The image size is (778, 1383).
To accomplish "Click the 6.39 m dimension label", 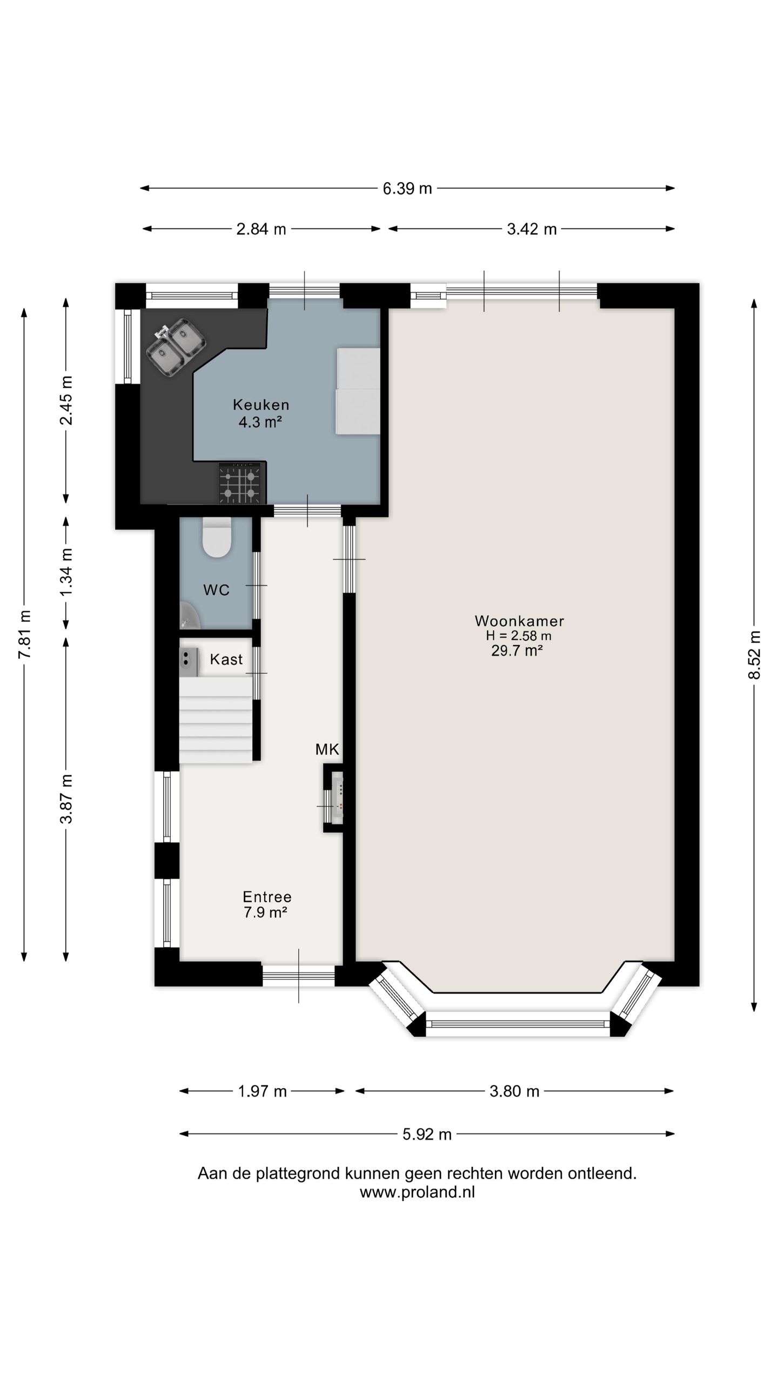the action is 407,189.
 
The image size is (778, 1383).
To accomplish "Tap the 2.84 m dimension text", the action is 261,229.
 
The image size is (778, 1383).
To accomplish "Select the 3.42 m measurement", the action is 532,229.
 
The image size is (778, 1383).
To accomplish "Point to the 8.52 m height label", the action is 754,655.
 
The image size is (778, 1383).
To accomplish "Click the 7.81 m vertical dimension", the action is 24,634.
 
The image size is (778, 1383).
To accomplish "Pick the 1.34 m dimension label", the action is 66,572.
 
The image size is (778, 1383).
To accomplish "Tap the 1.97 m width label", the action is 262,1091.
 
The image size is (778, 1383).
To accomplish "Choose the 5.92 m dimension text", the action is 427,1134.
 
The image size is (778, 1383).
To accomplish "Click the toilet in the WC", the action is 217,537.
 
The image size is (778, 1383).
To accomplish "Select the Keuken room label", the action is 261,404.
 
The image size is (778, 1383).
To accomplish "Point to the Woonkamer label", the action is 519,621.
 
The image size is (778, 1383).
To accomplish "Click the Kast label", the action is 226,659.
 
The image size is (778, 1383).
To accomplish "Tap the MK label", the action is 327,749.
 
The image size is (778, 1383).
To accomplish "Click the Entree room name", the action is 267,897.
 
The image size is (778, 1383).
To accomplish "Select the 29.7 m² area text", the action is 517,650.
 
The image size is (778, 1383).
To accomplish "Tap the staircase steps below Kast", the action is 216,720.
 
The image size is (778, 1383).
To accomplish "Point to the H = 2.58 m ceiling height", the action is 519,636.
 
